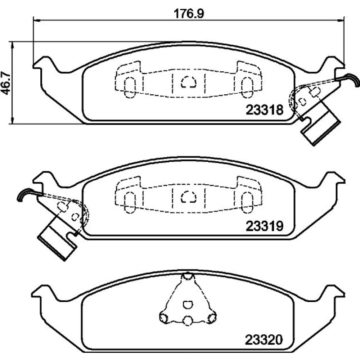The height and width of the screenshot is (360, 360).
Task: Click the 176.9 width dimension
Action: [189, 14]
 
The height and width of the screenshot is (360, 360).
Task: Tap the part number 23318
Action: [265, 110]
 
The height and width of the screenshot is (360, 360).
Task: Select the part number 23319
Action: [265, 226]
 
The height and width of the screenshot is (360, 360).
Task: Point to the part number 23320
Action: [264, 339]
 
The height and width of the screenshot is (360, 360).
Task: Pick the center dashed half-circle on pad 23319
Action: [189, 197]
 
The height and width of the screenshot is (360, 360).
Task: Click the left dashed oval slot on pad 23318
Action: [130, 87]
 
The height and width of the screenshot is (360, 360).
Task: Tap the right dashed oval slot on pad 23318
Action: [247, 87]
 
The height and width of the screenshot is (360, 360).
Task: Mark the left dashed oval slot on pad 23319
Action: [130, 203]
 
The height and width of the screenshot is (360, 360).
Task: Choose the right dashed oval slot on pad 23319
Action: [247, 203]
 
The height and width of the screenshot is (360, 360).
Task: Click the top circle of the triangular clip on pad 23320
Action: [188, 276]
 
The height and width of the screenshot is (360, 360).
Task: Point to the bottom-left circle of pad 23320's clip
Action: [164, 318]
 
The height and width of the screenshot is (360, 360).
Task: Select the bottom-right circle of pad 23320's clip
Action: [212, 318]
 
